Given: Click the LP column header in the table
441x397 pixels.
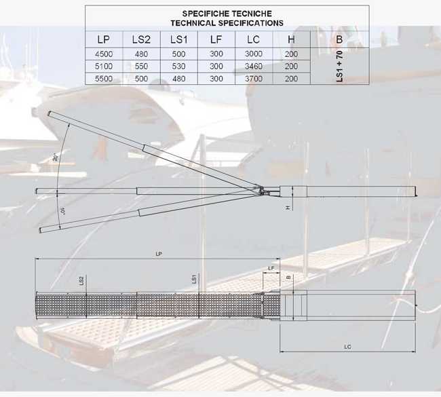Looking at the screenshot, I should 104,39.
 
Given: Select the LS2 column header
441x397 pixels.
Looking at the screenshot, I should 141,39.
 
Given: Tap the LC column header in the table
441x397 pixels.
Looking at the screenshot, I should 254,39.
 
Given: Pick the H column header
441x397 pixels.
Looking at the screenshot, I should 291,39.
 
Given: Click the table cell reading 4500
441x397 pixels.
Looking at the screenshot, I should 104,54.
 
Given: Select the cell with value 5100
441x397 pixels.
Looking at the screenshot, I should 104,67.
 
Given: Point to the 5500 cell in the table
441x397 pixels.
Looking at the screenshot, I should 104,79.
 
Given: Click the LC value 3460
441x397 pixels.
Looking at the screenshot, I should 254,67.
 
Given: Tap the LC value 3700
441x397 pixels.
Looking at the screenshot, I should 254,79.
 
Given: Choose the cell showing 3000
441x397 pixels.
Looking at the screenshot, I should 254,54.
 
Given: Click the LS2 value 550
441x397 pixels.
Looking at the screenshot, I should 141,67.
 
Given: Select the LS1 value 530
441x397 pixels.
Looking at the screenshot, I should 178,67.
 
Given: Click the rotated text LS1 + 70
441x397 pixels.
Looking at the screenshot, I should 340,67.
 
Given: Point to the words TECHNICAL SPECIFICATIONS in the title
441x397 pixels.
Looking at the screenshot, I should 227,22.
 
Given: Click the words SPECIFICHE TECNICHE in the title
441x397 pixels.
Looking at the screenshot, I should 227,13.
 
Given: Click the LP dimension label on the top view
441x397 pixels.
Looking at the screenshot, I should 158,254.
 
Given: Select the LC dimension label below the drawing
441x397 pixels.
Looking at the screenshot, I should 347,347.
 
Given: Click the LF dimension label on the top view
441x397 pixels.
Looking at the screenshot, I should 271,268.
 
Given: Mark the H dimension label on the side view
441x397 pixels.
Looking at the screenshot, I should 288,207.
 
